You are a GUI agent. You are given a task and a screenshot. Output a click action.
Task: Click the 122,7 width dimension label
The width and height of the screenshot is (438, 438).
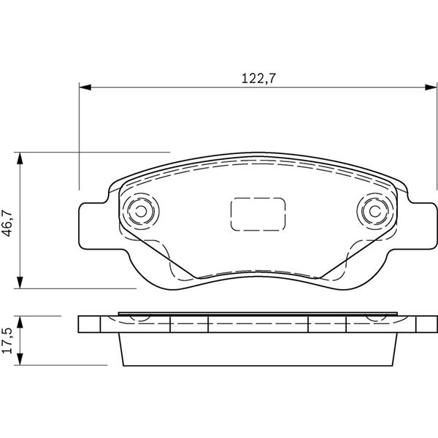click(x=258, y=79)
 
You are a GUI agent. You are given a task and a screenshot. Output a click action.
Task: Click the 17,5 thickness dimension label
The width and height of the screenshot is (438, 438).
click(x=7, y=341)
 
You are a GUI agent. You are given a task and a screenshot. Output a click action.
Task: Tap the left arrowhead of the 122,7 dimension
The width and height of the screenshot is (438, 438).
click(x=85, y=87)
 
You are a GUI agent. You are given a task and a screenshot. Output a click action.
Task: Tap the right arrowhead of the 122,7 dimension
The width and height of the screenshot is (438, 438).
click(x=431, y=87)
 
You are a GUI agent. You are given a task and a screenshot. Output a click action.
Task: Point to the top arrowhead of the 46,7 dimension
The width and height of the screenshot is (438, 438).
click(x=20, y=158)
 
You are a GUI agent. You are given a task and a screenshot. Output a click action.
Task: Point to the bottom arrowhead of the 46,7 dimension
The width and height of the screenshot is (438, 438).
click(x=20, y=283)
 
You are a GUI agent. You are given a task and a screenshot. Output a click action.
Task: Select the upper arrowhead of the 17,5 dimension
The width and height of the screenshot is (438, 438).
click(x=20, y=322)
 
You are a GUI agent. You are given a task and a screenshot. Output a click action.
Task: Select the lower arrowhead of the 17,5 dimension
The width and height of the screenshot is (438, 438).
click(x=20, y=359)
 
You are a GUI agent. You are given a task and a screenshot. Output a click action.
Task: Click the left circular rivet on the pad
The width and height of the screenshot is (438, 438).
click(x=141, y=211)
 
